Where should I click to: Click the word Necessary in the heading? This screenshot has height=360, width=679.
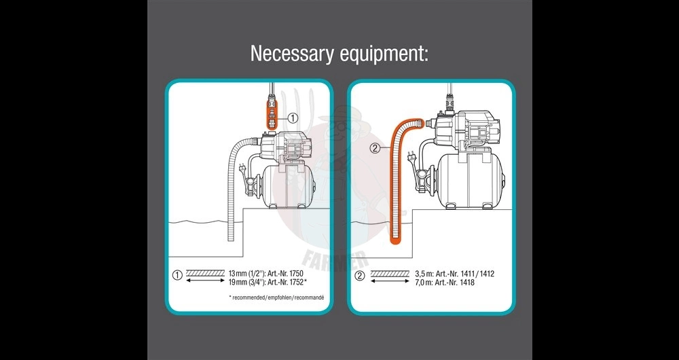click(x=292, y=54)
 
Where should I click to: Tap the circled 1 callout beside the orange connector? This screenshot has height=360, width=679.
click(x=293, y=118)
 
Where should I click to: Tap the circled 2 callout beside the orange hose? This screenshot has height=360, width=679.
click(x=375, y=148)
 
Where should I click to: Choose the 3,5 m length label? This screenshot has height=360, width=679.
click(x=423, y=274)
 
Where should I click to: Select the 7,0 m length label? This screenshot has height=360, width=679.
click(x=423, y=283)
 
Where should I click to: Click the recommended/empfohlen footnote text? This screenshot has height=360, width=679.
click(x=276, y=298)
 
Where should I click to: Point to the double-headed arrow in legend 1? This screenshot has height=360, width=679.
click(x=205, y=281)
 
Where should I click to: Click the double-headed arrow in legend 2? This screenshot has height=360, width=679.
click(x=390, y=281)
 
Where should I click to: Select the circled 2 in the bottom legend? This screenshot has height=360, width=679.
click(x=360, y=276)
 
